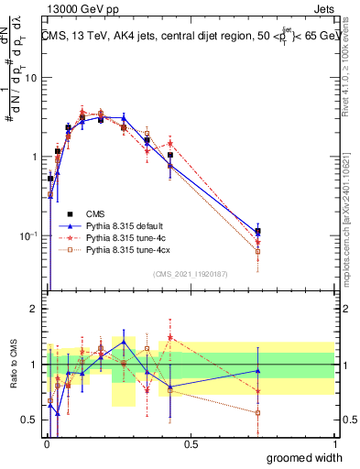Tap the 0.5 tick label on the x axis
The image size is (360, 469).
coord(191,444)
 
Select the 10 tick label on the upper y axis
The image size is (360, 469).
coord(30,78)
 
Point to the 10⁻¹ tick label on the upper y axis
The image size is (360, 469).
coord(27,235)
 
